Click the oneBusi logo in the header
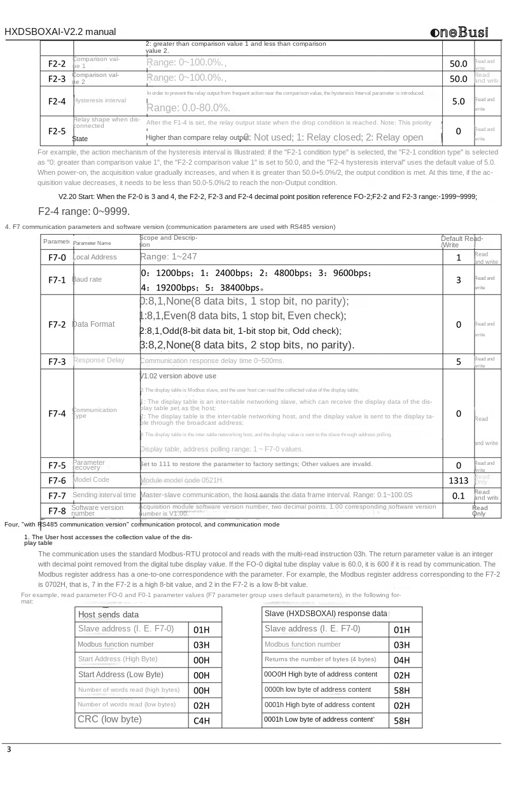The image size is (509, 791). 459,32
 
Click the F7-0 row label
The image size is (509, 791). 57,258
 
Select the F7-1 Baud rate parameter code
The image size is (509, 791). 57,280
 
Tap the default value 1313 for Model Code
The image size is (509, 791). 458,481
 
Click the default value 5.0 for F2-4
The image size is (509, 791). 458,101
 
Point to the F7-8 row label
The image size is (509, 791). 57,511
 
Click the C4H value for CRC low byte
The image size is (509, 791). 202,721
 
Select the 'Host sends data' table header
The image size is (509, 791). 108,615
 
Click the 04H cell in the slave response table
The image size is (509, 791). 401,660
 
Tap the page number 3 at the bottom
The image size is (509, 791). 9,750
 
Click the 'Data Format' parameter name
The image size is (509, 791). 94,324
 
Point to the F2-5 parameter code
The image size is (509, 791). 57,132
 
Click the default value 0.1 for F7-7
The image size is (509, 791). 458,496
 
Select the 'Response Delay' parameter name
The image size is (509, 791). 99,361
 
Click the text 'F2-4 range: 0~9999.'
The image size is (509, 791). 84,211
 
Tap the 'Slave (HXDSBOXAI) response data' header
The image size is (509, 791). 326,614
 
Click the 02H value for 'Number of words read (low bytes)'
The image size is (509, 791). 202,706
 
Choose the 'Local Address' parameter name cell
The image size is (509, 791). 95,258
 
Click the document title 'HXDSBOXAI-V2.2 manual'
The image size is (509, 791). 60,32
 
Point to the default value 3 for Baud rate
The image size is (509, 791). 458,280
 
